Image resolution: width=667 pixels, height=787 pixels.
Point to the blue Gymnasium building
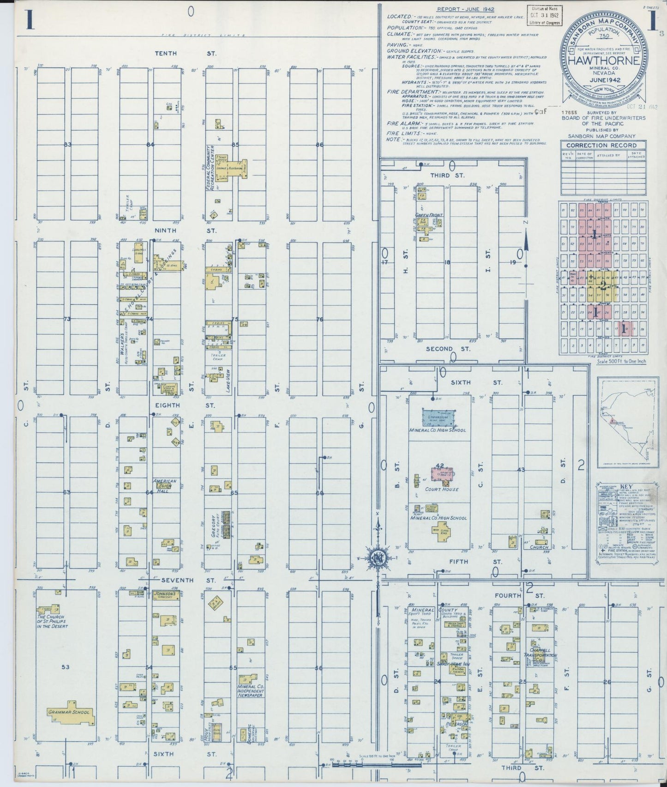tap(439, 418)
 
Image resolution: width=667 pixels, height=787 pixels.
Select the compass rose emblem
tap(378, 558)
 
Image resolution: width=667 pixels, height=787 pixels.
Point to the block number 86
tap(319, 145)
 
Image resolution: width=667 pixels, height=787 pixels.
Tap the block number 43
tap(521, 470)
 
